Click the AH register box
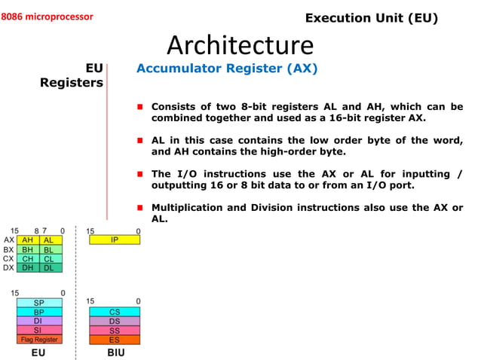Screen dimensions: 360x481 pyautogui.click(x=27, y=240)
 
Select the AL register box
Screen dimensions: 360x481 pyautogui.click(x=49, y=240)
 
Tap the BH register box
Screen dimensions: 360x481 pyautogui.click(x=27, y=249)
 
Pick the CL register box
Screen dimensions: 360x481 pyautogui.click(x=49, y=258)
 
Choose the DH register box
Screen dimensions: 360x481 pyautogui.click(x=27, y=267)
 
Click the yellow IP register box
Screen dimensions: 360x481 pyautogui.click(x=114, y=240)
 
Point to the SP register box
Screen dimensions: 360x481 pyautogui.click(x=39, y=303)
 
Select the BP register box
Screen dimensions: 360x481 pyautogui.click(x=39, y=312)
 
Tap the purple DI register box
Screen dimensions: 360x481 pyautogui.click(x=39, y=321)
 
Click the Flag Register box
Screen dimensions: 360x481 pyautogui.click(x=39, y=339)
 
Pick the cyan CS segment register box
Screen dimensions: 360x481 pyautogui.click(x=115, y=312)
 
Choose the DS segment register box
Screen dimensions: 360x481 pyautogui.click(x=115, y=321)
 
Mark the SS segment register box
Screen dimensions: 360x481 pyautogui.click(x=115, y=330)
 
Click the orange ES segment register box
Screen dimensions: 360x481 pyautogui.click(x=115, y=339)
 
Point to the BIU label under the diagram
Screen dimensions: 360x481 pyautogui.click(x=115, y=352)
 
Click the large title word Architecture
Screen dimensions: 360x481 pyautogui.click(x=240, y=45)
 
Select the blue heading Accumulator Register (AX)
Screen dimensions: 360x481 pyautogui.click(x=227, y=69)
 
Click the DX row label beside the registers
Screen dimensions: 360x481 pyautogui.click(x=8, y=267)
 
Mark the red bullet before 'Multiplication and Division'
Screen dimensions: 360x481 pyautogui.click(x=139, y=207)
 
